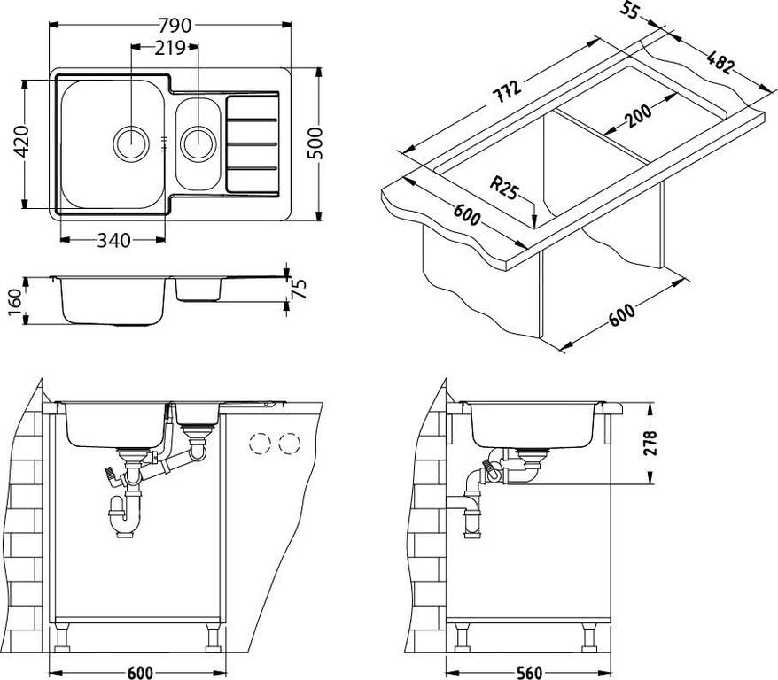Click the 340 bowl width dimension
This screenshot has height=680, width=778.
pos(111,241)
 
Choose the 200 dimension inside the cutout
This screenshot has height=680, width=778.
pos(635,116)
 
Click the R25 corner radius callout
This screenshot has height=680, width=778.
pos(504,188)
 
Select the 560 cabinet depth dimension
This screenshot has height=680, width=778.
pos(528,672)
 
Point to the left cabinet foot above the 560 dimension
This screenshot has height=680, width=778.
pos(460,637)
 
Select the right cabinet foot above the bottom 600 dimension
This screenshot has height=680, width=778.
pos(214,637)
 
